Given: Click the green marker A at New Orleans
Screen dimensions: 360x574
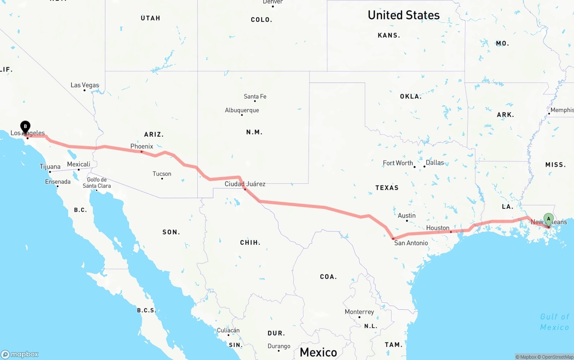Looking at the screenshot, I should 548,219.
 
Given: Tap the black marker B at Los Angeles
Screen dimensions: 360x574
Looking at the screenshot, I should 26,127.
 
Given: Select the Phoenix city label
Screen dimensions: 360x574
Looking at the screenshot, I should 142,146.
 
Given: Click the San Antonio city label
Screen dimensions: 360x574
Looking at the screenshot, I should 411,243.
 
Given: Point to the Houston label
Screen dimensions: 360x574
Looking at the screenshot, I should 438,228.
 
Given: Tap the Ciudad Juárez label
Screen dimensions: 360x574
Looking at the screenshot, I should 245,184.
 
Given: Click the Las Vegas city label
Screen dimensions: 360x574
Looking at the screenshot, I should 85,85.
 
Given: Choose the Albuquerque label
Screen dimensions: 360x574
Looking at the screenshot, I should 242,110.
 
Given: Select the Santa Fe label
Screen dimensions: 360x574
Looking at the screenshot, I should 255,96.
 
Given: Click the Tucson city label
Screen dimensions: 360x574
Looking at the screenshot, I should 162,174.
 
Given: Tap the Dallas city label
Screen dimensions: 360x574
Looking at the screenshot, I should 435,162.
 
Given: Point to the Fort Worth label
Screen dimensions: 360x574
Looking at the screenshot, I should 398,163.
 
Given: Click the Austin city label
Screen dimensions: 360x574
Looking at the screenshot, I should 407,216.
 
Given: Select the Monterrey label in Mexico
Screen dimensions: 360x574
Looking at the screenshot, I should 359,312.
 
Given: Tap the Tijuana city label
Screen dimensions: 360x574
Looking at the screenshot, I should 50,167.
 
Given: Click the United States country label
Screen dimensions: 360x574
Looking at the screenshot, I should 404,15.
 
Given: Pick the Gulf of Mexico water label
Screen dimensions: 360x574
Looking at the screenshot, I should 555,322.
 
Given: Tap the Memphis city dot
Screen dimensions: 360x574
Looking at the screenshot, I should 549,113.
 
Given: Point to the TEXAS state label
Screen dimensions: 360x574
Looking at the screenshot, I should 387,187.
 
